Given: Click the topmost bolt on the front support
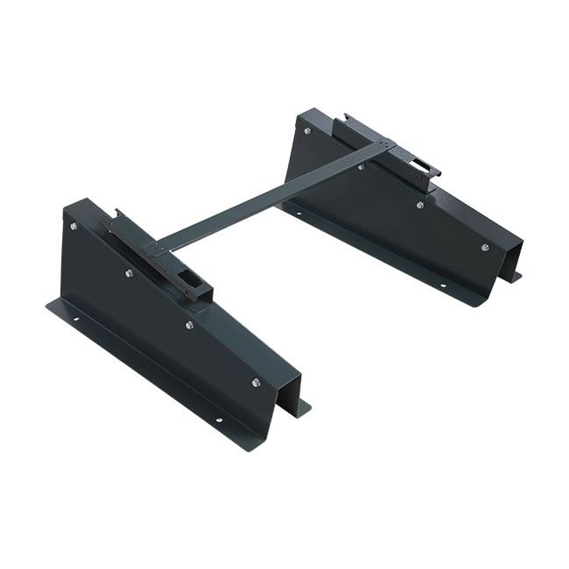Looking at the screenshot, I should pyautogui.click(x=73, y=226).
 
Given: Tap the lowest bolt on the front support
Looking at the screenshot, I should pyautogui.click(x=256, y=383).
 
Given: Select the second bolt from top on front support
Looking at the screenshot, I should pyautogui.click(x=129, y=273).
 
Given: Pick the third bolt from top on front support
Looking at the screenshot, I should pyautogui.click(x=189, y=325).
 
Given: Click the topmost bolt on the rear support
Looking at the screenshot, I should pyautogui.click(x=306, y=131).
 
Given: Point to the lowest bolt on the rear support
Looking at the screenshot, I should pyautogui.click(x=484, y=248).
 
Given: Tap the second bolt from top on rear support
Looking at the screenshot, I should pyautogui.click(x=361, y=166).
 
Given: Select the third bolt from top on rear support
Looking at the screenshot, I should pyautogui.click(x=420, y=205).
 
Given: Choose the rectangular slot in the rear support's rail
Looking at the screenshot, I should pyautogui.click(x=420, y=164).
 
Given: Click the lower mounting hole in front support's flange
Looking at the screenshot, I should pyautogui.click(x=218, y=420).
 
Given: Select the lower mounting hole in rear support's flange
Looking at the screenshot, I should pyautogui.click(x=443, y=286).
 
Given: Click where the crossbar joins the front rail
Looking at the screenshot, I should pyautogui.click(x=158, y=248).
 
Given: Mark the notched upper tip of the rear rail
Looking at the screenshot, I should pyautogui.click(x=348, y=117).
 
